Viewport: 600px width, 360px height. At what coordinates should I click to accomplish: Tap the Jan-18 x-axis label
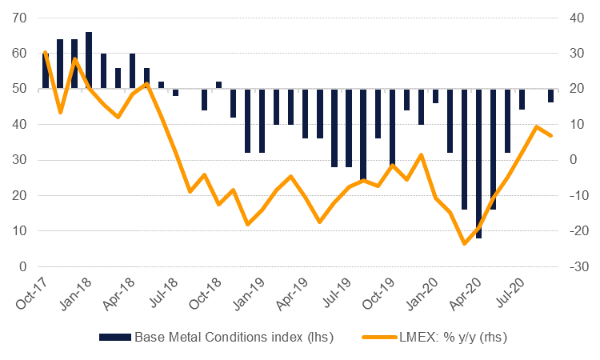pyautogui.click(x=75, y=295)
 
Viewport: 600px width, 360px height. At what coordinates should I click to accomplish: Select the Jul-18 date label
pyautogui.click(x=162, y=295)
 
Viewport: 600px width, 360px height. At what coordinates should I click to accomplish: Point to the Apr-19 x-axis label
pyautogui.click(x=292, y=295)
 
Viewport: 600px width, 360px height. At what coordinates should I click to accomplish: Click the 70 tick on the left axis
pyautogui.click(x=20, y=18)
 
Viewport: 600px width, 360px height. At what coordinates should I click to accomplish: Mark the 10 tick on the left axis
pyautogui.click(x=20, y=231)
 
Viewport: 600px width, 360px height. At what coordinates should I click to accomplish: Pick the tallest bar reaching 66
pyautogui.click(x=89, y=60)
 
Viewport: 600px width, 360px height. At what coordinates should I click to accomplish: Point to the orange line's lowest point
pyautogui.click(x=464, y=244)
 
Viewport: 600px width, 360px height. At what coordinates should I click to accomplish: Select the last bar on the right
pyautogui.click(x=550, y=96)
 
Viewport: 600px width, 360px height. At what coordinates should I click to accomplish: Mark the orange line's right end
pyautogui.click(x=550, y=135)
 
